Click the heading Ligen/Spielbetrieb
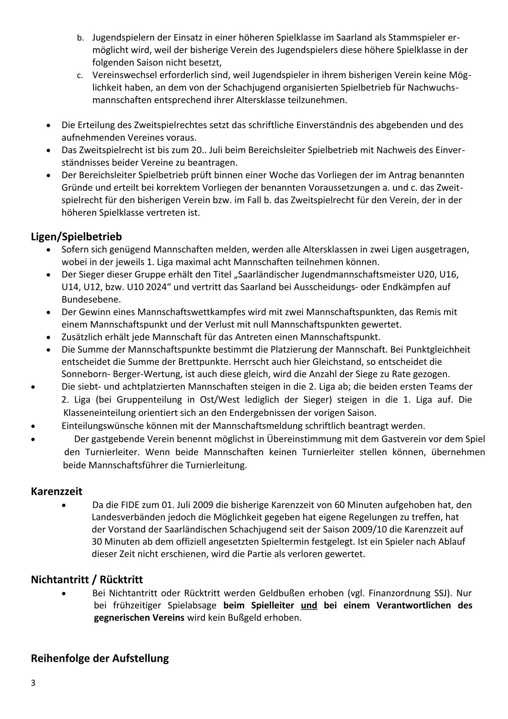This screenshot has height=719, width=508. click(x=76, y=237)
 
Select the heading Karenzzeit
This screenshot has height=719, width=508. click(x=56, y=491)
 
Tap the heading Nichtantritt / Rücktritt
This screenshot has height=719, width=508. click(x=87, y=579)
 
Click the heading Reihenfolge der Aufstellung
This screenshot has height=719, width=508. click(x=99, y=658)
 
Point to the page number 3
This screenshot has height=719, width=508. click(x=33, y=683)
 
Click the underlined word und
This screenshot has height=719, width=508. click(x=309, y=605)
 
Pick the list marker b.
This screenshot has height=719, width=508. click(x=79, y=38)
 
